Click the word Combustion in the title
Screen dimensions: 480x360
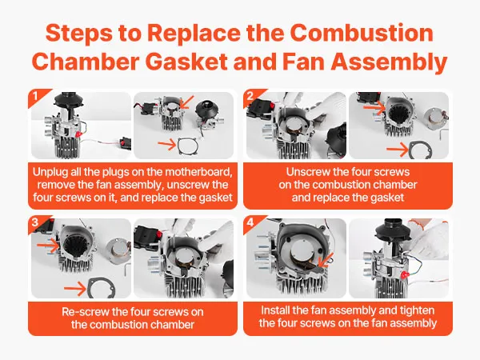pos(362,33)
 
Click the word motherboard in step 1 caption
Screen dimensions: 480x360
pos(198,172)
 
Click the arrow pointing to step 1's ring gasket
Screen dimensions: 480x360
pos(167,145)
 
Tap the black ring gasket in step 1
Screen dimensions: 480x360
pos(188,146)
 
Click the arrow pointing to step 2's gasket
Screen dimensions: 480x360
pos(398,150)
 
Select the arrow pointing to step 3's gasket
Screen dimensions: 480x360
pos(75,289)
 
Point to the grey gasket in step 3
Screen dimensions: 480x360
pos(102,288)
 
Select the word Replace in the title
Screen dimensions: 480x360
pos(194,34)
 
